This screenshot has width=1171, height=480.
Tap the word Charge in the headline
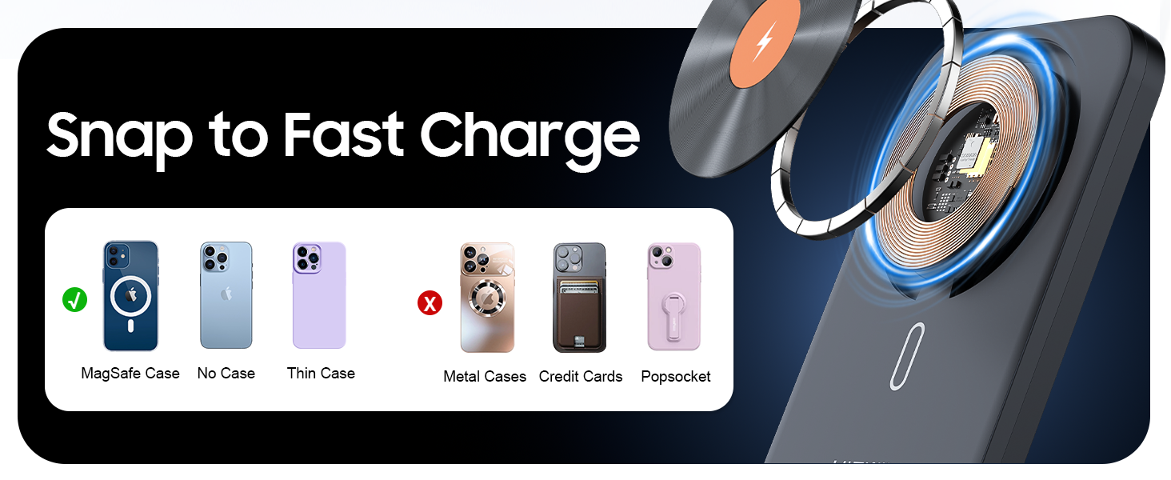pyautogui.click(x=530, y=136)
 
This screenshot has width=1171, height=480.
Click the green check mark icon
pyautogui.click(x=74, y=300)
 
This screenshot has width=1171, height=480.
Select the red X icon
pyautogui.click(x=430, y=303)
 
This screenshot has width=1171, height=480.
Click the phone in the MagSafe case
pyautogui.click(x=130, y=296)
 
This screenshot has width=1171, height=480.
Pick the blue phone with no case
pyautogui.click(x=226, y=295)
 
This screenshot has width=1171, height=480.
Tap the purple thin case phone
pyautogui.click(x=319, y=295)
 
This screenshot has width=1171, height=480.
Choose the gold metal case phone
pyautogui.click(x=487, y=298)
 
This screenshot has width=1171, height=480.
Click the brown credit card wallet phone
pyautogui.click(x=579, y=298)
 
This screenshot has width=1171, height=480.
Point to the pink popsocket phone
pyautogui.click(x=673, y=297)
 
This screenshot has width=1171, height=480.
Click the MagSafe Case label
pyautogui.click(x=130, y=374)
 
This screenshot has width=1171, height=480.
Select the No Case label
pyautogui.click(x=226, y=374)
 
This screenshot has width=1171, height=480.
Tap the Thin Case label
pyautogui.click(x=321, y=374)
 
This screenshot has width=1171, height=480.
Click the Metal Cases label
pyautogui.click(x=485, y=377)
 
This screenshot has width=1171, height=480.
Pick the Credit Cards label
pyautogui.click(x=581, y=377)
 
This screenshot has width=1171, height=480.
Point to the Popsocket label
pyautogui.click(x=676, y=377)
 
